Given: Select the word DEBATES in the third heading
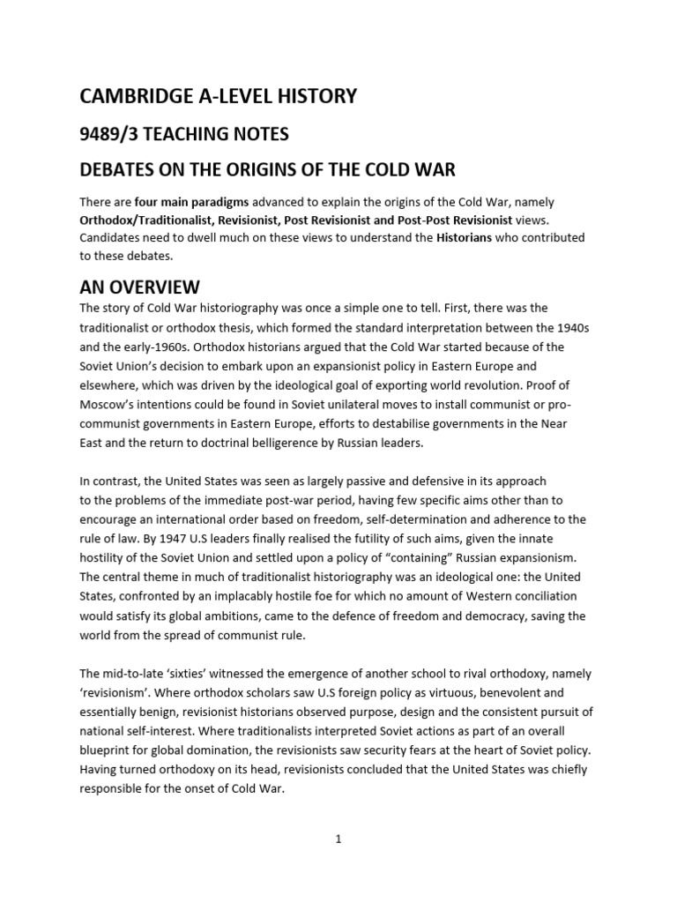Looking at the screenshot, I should (x=118, y=170).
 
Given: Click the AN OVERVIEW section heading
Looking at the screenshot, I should (x=139, y=287).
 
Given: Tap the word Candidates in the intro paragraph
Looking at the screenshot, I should (x=114, y=237).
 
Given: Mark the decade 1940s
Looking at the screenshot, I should (x=570, y=327).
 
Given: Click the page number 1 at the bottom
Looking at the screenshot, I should (x=338, y=840).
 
